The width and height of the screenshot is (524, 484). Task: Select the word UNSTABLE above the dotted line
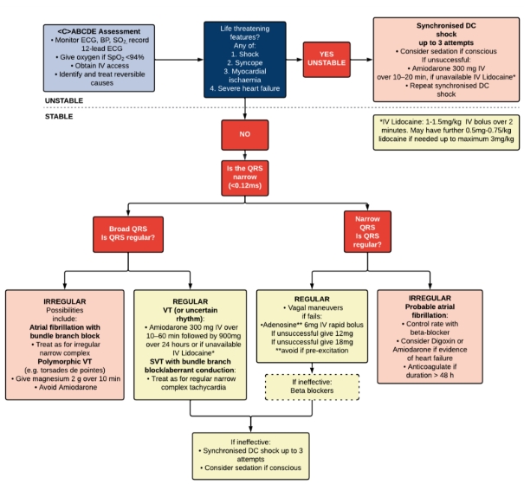tap(68, 100)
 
